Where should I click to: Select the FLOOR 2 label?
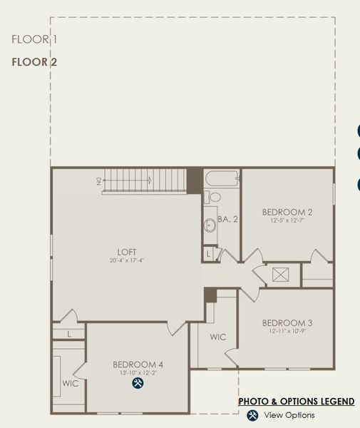coord(34,62)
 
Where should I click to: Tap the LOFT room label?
coord(127,252)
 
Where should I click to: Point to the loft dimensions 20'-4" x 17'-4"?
coord(127,261)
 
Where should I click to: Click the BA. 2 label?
coord(227,219)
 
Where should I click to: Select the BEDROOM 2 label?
coord(287,212)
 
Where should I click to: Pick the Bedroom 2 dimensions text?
coord(287,221)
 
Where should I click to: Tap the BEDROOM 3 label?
coord(287,322)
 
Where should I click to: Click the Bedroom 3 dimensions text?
coord(287,332)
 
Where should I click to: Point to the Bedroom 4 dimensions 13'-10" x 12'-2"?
coord(138,372)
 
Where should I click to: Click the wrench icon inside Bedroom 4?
coord(138,384)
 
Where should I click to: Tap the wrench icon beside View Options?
coord(252,415)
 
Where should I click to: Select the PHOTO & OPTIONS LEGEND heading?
coord(296,402)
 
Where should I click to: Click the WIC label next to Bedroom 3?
coord(218,336)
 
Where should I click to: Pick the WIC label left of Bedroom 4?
coord(71,383)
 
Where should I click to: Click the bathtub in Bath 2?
coord(222,178)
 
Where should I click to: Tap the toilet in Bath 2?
coord(214,197)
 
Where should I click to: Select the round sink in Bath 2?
coord(210,225)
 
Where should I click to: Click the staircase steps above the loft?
coord(128,180)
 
